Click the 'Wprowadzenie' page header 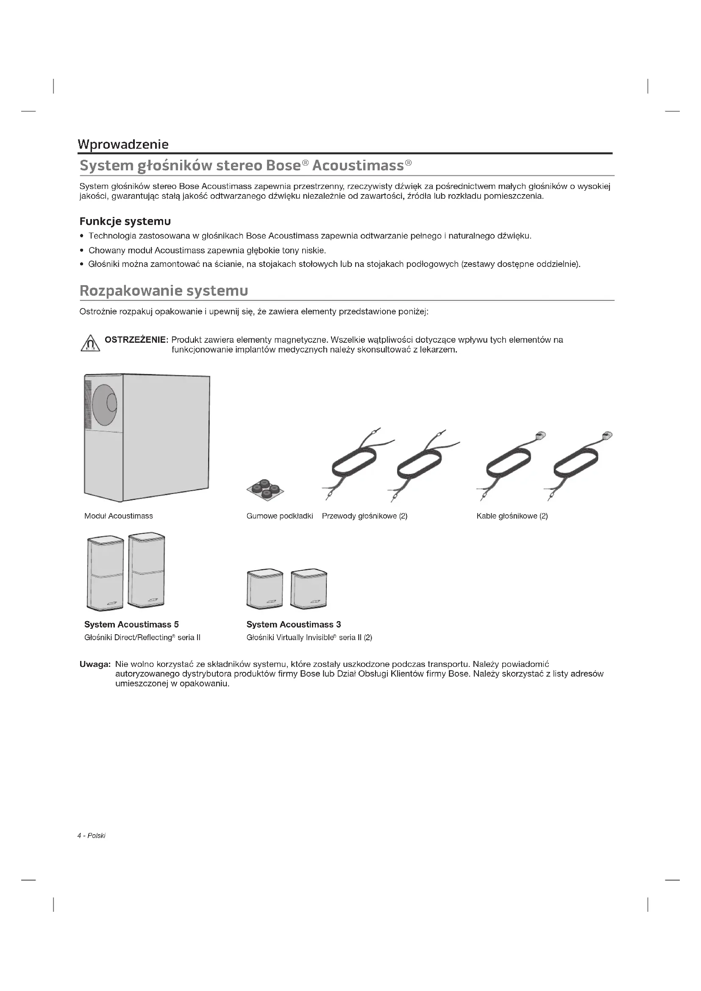point(123,144)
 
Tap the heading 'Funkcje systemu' point(125,222)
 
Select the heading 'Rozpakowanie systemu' point(164,291)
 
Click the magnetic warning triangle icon point(90,344)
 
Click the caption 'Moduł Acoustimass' point(119,516)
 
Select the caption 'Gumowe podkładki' point(280,516)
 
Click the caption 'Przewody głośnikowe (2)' point(365,516)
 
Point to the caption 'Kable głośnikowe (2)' point(512,516)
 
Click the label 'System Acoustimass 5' point(132,624)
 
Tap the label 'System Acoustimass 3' point(294,624)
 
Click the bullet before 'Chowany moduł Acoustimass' point(82,251)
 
